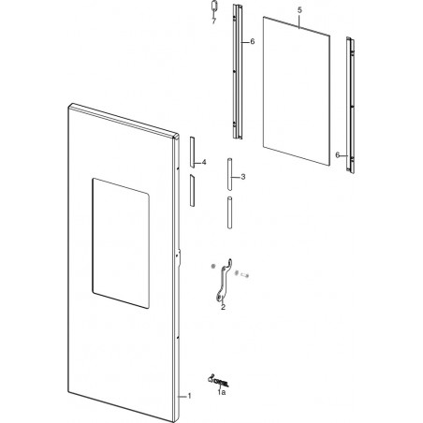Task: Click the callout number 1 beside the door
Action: tap(189, 396)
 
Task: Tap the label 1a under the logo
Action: tap(222, 392)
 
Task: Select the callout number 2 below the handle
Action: tap(223, 307)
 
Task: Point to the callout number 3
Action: tap(243, 177)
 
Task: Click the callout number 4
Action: tap(204, 162)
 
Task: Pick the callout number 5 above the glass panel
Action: tap(299, 10)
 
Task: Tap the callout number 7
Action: tap(213, 22)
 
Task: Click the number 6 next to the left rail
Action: tap(252, 41)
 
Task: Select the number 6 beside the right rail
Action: tap(337, 154)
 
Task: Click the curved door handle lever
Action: tap(223, 279)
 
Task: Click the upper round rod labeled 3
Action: tap(229, 174)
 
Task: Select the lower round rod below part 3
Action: tap(230, 212)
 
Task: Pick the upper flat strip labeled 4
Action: tap(192, 153)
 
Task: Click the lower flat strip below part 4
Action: tap(192, 190)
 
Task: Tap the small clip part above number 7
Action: tap(213, 7)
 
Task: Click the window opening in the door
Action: tap(121, 243)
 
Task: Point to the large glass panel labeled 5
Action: tap(297, 91)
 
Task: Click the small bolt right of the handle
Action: tap(244, 275)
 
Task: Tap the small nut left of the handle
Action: tap(213, 266)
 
